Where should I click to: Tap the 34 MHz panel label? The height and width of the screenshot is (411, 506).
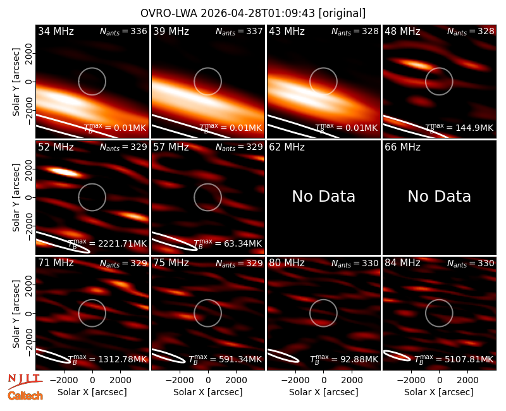pos(56,31)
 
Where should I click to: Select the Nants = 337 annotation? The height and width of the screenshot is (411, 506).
pos(239,32)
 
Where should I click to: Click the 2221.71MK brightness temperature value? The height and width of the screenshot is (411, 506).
pos(122,243)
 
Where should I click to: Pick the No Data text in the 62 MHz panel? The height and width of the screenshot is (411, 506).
pos(323,196)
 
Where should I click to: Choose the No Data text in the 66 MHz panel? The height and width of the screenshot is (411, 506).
pos(439,196)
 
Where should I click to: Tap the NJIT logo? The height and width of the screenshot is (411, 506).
pos(25,381)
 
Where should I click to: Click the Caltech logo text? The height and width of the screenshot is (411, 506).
pos(25,396)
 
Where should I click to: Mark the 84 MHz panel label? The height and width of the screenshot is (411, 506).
pos(402,263)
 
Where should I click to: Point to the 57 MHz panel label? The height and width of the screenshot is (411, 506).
pos(171,147)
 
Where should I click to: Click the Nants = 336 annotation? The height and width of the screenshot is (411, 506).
pos(123,32)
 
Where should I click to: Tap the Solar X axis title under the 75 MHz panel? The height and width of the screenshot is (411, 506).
pos(208,392)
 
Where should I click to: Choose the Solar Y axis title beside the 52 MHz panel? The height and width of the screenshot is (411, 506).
pos(16,197)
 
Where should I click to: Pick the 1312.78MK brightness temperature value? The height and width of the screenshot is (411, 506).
pos(122,359)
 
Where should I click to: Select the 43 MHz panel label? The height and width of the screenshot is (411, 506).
pos(287,31)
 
